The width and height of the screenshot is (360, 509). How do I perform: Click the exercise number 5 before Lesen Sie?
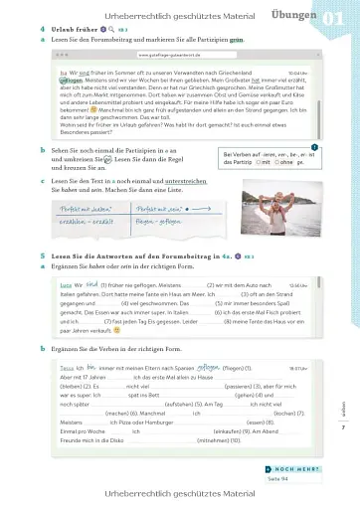coord(43,256)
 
